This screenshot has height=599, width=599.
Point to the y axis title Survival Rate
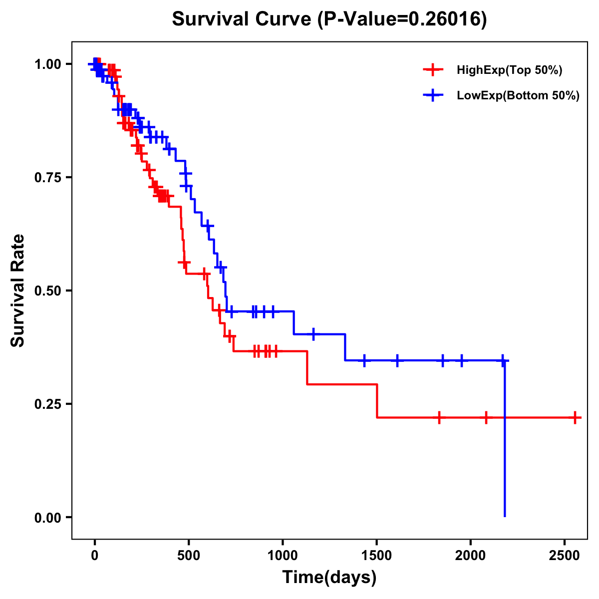(x=18, y=290)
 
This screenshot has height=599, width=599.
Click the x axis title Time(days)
(x=329, y=578)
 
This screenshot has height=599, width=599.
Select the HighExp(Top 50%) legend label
(x=509, y=70)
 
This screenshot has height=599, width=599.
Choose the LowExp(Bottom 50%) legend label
(x=518, y=96)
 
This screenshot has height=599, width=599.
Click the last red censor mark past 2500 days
(x=575, y=417)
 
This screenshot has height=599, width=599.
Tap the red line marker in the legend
(x=433, y=70)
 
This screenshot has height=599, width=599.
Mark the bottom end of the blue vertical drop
(x=505, y=516)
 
